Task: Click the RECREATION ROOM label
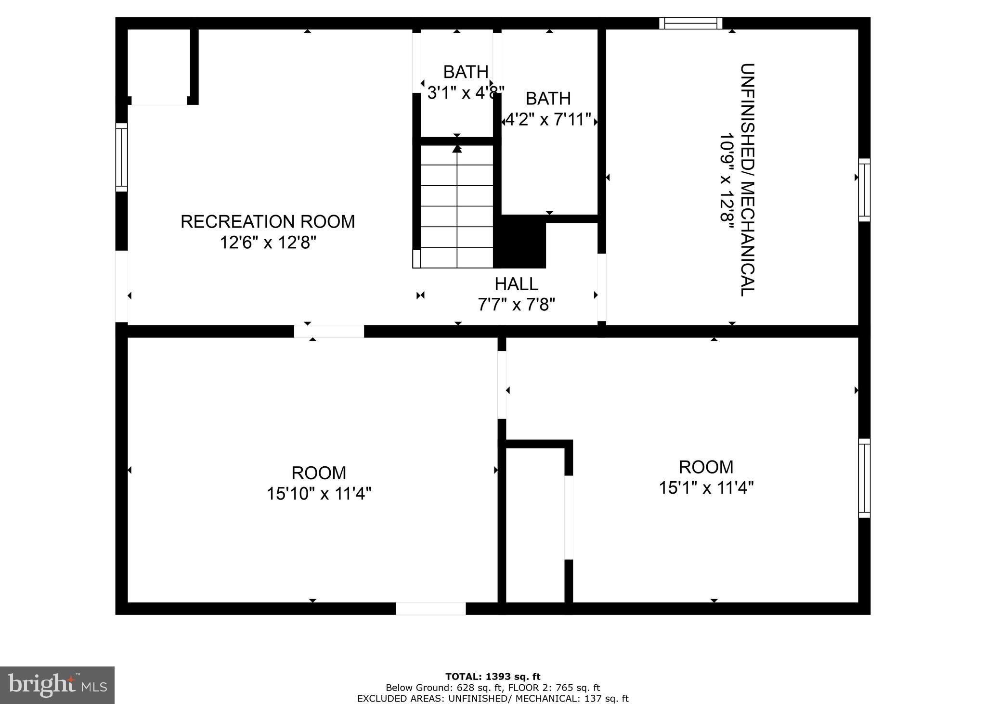point(268,222)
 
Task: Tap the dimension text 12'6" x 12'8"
point(268,243)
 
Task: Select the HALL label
point(516,284)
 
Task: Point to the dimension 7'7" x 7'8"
point(516,305)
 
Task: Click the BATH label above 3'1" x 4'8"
point(466,72)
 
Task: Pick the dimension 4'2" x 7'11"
point(548,119)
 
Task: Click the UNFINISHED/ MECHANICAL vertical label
point(746,179)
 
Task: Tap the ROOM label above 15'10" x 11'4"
point(319,473)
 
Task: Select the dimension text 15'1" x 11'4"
point(706,488)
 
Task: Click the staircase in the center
point(457,207)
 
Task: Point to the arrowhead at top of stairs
point(457,149)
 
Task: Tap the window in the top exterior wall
point(690,23)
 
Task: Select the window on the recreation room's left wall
point(121,157)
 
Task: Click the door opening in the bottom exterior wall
point(430,608)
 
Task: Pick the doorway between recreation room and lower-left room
point(329,331)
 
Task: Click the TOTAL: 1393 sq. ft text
point(493,677)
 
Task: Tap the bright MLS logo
point(57,685)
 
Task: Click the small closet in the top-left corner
point(159,65)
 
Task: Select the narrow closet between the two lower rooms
point(535,525)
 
